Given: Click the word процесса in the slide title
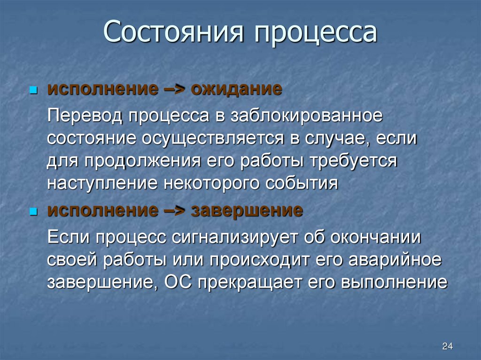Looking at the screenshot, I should point(316,34).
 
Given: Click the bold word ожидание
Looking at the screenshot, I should point(236,89).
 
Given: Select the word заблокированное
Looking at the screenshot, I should point(306,116).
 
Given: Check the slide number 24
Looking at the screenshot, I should point(447,346).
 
